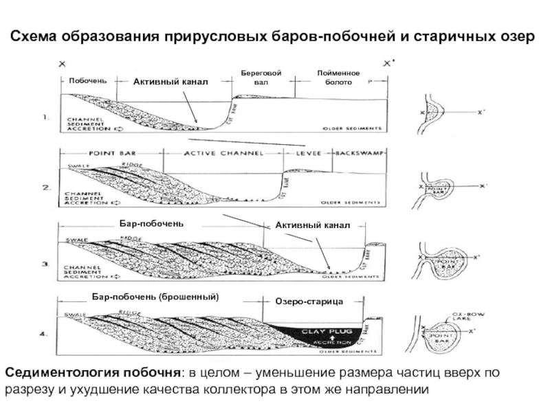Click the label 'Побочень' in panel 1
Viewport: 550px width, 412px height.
[x=87, y=81]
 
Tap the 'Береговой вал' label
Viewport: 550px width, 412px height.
[x=261, y=78]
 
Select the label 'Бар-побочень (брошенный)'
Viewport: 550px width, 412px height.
[x=155, y=297]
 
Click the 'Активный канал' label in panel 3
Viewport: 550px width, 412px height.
[x=313, y=225]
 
